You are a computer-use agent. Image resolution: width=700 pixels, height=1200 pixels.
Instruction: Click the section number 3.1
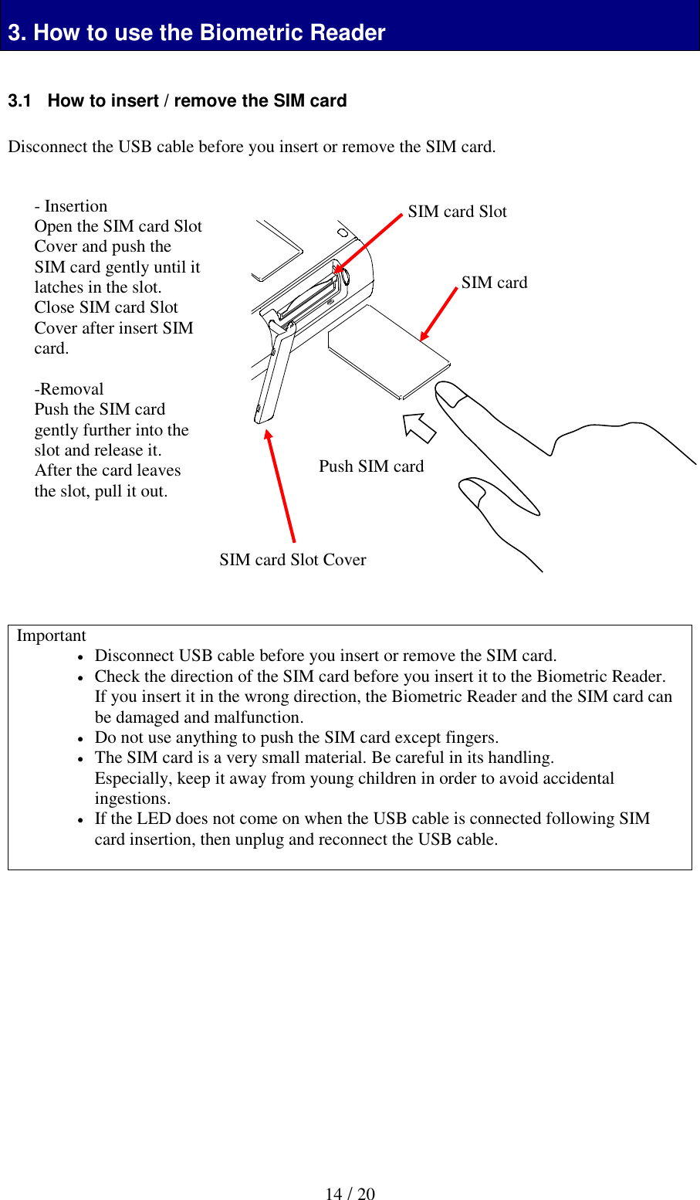pyautogui.click(x=19, y=101)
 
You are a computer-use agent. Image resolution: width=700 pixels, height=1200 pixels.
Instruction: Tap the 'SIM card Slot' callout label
pyautogui.click(x=457, y=212)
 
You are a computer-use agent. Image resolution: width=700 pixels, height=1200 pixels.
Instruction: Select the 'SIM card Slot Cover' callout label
pyautogui.click(x=293, y=560)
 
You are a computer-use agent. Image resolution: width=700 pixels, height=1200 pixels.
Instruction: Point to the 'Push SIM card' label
pyautogui.click(x=371, y=466)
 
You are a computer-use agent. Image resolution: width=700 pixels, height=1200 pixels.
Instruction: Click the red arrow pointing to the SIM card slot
pyautogui.click(x=369, y=242)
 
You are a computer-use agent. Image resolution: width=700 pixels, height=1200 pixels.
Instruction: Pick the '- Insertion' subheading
pyautogui.click(x=71, y=206)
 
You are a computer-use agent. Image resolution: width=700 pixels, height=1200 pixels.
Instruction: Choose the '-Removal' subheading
pyautogui.click(x=69, y=389)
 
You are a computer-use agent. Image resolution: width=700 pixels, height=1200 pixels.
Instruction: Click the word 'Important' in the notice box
pyautogui.click(x=51, y=636)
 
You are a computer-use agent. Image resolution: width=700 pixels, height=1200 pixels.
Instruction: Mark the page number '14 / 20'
pyautogui.click(x=350, y=1194)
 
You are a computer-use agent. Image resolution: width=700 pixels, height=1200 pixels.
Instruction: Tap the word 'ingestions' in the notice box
pyautogui.click(x=132, y=798)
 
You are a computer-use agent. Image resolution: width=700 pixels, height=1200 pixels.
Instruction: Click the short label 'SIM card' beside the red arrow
pyautogui.click(x=494, y=283)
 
